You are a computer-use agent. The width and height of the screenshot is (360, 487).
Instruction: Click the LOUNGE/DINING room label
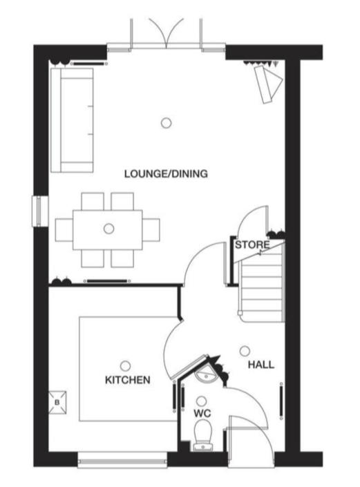pos(166,173)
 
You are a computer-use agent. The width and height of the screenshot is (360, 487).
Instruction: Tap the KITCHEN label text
pos(128,380)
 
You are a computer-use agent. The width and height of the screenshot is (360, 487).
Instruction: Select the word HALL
pos(261,364)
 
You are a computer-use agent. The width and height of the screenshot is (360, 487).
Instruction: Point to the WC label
pos(202,413)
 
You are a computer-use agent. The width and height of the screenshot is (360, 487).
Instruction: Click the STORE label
pos(252,245)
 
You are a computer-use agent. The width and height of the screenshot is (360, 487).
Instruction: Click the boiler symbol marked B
pos(57,403)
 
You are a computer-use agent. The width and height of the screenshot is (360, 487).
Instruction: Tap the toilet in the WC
pos(202,435)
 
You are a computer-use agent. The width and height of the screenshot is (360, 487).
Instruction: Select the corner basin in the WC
pos(205,374)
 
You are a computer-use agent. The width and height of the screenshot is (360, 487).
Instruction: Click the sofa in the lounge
pos(72,120)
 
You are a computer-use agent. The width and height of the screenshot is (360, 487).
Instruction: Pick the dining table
pos(108,230)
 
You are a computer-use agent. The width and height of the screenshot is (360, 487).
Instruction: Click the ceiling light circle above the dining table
pos(108,229)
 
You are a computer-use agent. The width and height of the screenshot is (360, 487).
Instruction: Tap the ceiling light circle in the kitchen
pos(125,366)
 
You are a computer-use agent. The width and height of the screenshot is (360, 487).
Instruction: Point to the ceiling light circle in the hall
pos(245,351)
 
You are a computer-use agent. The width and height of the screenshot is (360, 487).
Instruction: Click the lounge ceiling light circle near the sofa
pos(166,123)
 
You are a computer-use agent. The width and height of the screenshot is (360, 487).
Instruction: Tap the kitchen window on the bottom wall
pos(122,460)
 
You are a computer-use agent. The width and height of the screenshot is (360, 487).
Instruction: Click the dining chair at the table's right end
pos(151,230)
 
